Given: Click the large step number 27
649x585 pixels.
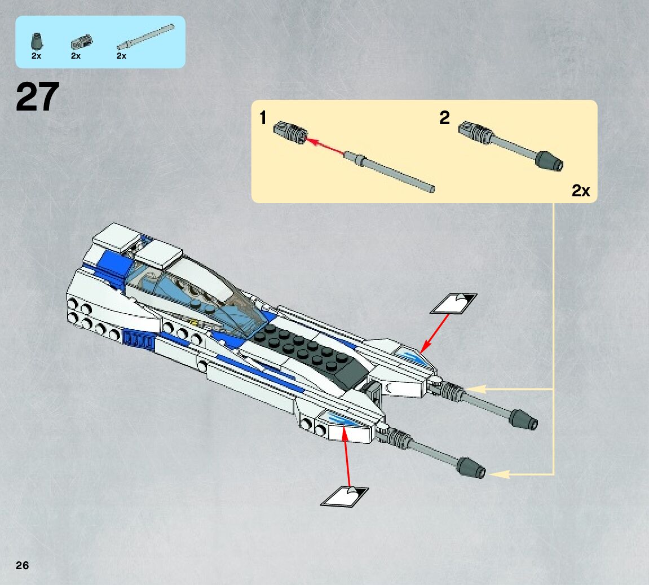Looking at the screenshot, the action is (x=37, y=97).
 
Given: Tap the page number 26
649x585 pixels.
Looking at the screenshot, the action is (x=22, y=565).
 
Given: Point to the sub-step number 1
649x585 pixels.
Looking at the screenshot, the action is (x=262, y=118).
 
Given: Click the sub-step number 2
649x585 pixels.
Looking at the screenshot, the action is (x=444, y=118).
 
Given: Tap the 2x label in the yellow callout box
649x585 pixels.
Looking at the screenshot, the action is (x=580, y=191).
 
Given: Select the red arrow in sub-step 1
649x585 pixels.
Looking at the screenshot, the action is (x=325, y=145).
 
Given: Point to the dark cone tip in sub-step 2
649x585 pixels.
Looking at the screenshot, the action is (x=549, y=162).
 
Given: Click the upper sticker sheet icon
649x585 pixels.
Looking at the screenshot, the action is (x=453, y=303).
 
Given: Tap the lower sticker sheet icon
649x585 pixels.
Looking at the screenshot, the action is (x=344, y=496).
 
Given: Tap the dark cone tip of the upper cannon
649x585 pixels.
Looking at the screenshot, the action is (x=523, y=420).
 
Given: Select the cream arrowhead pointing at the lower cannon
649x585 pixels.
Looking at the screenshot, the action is (x=500, y=474).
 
